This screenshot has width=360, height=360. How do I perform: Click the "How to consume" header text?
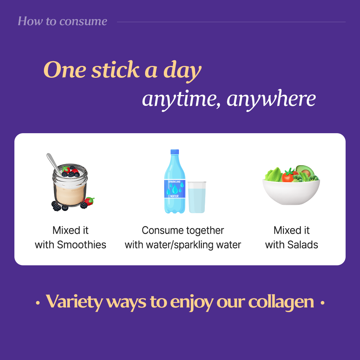(x=62, y=21)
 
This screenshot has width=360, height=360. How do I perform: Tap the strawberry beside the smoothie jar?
(x=89, y=202)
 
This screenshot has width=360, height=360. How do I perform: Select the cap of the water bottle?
(x=175, y=153)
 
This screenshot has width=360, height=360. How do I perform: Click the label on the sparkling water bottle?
(x=175, y=188)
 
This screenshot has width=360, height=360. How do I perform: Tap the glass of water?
(x=197, y=197)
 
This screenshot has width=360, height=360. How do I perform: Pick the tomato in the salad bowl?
(x=288, y=176)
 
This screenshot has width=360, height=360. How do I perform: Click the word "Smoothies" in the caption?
(x=82, y=245)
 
